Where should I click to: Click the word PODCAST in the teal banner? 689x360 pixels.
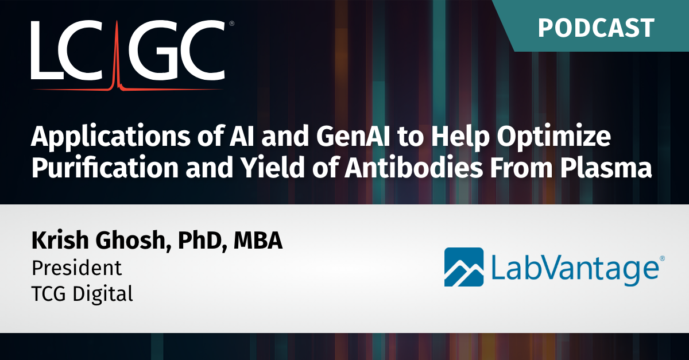point(596,27)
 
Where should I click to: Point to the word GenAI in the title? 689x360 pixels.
point(294,137)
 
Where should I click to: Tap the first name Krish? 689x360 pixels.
point(62,241)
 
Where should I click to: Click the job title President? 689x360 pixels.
point(77,268)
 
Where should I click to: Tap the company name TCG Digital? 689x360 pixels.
point(83,294)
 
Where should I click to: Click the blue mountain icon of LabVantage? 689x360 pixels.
point(464,267)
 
